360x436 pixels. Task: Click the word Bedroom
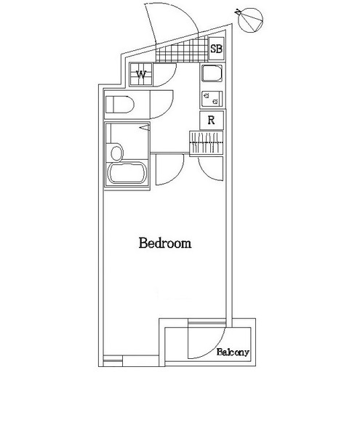(x=165, y=243)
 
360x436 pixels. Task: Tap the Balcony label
(x=233, y=352)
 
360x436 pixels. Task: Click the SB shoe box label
(x=216, y=49)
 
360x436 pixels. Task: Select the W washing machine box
(x=141, y=74)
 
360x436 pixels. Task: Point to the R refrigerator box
(x=211, y=121)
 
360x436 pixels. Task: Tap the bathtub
(x=127, y=174)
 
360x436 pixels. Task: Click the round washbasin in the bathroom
(x=115, y=153)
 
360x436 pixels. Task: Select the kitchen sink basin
(x=211, y=76)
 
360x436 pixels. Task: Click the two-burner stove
(x=207, y=97)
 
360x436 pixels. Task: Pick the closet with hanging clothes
(x=209, y=143)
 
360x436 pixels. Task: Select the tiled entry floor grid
(x=182, y=53)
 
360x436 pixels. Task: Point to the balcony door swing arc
(x=205, y=342)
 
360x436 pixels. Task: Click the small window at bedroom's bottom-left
(x=113, y=358)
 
